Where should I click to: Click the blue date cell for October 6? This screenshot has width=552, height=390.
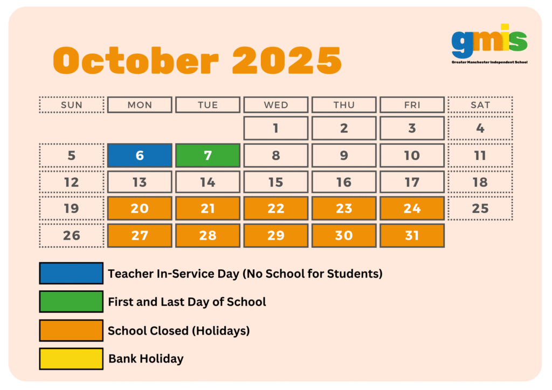point(140,155)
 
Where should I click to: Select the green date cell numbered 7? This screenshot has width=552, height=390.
point(208,155)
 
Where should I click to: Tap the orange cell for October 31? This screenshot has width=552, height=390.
point(412,235)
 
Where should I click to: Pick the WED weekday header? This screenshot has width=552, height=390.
point(276,105)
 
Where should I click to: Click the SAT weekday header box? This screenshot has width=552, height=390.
point(480,105)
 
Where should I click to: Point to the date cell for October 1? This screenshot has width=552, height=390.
point(276,128)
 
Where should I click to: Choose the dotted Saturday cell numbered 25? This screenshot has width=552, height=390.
point(480,208)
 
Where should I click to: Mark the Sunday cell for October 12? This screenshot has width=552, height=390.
point(72,182)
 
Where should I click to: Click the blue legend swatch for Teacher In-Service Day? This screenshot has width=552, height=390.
point(71,273)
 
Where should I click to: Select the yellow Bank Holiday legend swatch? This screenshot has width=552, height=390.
point(71,359)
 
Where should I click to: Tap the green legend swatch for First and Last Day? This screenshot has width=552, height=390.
point(71,301)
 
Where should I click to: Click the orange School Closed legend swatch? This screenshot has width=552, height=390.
point(71,330)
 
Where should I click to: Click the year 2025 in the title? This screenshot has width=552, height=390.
point(287,60)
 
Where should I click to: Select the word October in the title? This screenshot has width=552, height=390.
point(136,60)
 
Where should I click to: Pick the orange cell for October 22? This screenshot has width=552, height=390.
point(276,208)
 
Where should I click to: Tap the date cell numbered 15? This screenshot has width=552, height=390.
point(276,182)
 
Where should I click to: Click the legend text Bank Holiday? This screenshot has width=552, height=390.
point(146,359)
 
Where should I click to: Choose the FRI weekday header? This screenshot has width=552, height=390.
point(412,105)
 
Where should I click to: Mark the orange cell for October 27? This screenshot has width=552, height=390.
point(140,235)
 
